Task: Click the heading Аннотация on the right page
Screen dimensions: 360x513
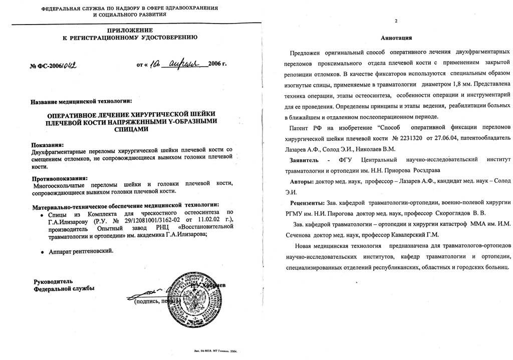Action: coord(396,38)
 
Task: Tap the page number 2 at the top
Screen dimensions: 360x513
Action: coord(396,21)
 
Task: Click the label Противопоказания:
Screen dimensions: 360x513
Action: coord(60,178)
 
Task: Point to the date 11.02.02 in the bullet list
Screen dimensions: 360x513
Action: coord(195,221)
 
